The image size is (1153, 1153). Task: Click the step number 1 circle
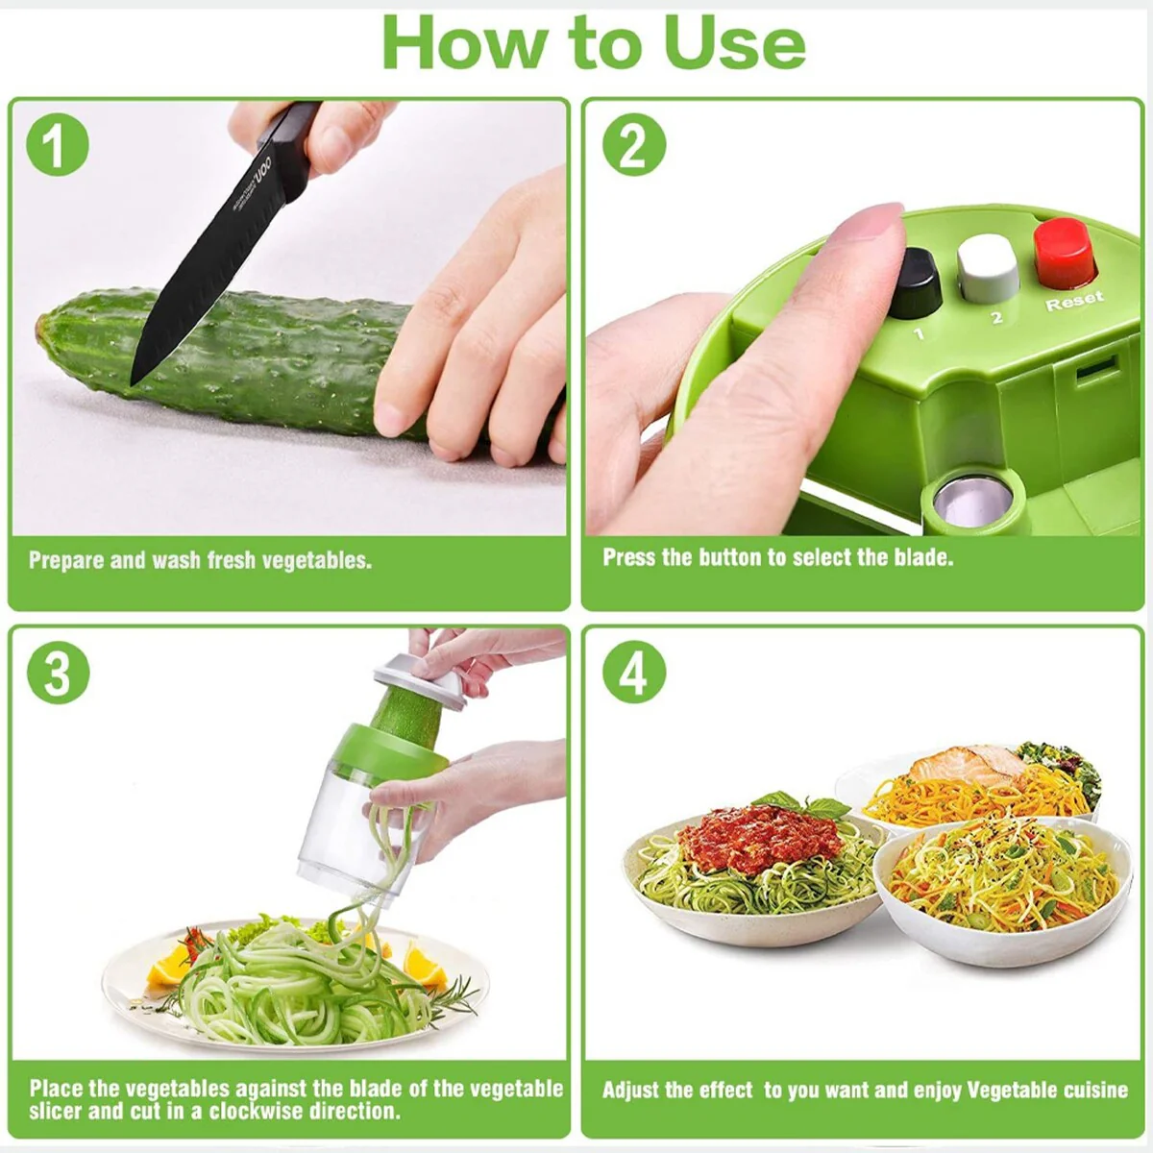pos(58,144)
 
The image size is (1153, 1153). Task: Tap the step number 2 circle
pos(633,144)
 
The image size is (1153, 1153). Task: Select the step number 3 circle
pos(58,672)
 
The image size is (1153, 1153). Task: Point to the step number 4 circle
pos(633,672)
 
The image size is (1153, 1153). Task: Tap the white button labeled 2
pos(988,268)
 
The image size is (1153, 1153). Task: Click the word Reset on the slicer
pos(1074,301)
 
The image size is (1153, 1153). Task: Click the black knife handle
pos(290,143)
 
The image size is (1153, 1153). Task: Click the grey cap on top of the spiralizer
pos(420,679)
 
